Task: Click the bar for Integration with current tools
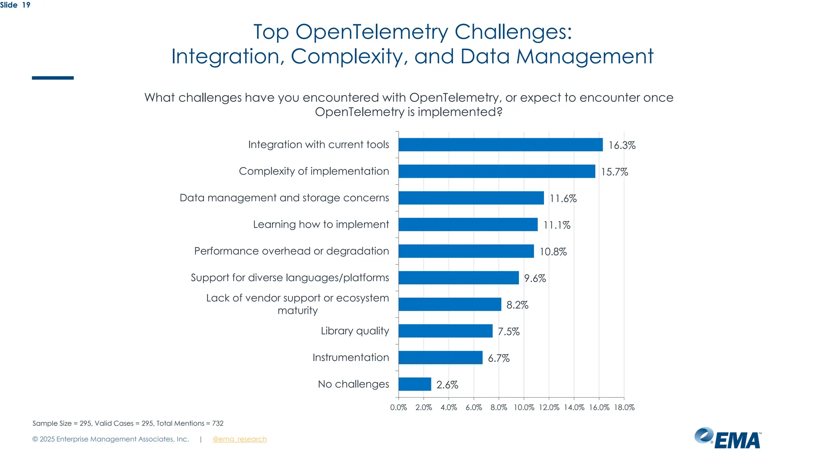[500, 145]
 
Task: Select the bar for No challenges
[415, 384]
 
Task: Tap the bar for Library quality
[445, 331]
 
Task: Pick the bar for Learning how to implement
[468, 224]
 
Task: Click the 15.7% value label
[614, 172]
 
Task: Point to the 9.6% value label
[535, 278]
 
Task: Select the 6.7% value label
[498, 358]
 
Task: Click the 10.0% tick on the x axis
[524, 407]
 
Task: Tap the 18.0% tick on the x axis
[624, 407]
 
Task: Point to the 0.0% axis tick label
[398, 407]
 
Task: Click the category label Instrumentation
[350, 357]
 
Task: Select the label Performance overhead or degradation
[291, 251]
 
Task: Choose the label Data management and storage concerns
[284, 198]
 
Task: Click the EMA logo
[728, 438]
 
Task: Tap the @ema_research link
[239, 439]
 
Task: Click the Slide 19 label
[15, 5]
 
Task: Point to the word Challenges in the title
[512, 32]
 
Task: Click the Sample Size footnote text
[128, 423]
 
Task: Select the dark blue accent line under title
[53, 78]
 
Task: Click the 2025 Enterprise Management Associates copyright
[110, 439]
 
